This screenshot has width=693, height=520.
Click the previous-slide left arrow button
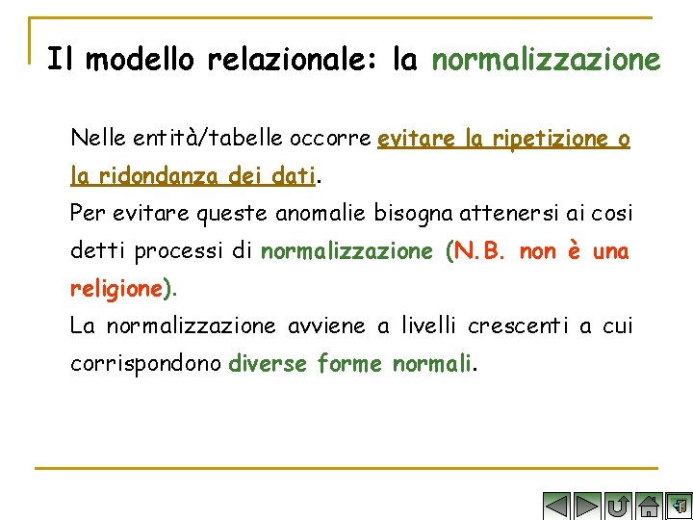coord(557,506)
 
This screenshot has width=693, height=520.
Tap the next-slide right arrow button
coord(588,506)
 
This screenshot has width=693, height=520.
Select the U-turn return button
coord(619,506)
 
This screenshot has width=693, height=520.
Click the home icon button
coord(649,506)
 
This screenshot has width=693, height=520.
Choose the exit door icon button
coord(680,506)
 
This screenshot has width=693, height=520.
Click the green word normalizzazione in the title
coord(546,60)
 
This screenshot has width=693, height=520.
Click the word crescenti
coord(520,325)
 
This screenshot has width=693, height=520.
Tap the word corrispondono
coord(146,364)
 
